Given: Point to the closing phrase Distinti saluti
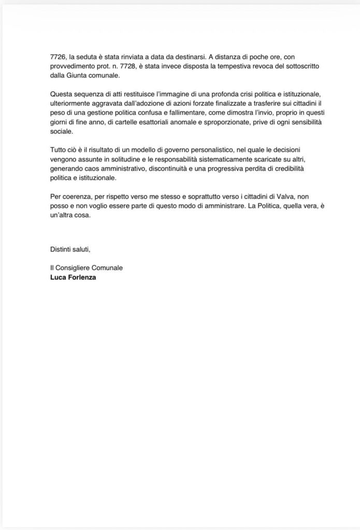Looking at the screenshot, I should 70,249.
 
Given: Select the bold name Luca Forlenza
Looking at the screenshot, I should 73,277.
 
